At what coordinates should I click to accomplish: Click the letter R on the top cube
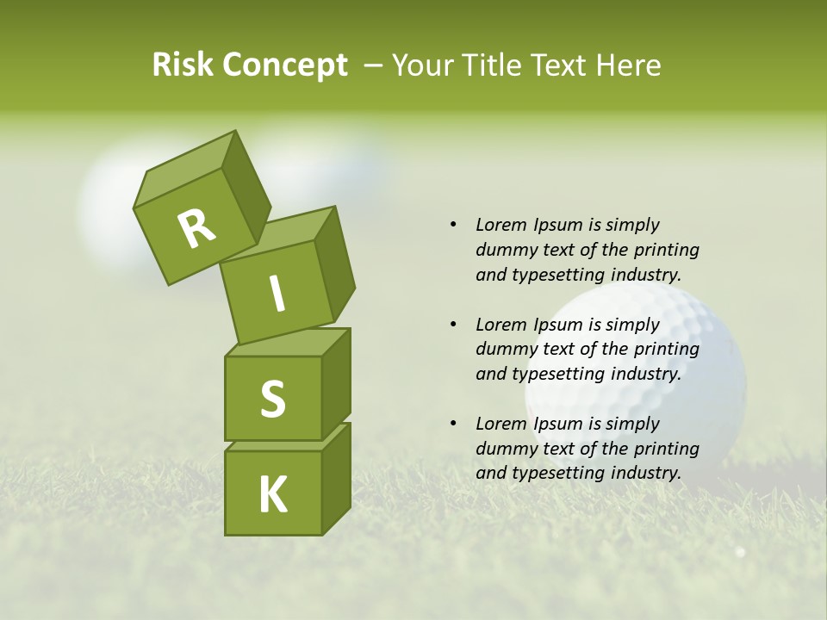(196, 228)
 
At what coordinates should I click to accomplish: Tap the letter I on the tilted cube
(277, 294)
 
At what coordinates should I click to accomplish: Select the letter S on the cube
(272, 399)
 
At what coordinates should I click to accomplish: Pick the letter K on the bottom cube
(273, 495)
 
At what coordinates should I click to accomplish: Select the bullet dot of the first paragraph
(453, 225)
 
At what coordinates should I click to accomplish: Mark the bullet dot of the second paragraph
(453, 325)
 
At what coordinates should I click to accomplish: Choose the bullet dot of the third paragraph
(453, 424)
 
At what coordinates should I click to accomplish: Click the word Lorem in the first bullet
(501, 225)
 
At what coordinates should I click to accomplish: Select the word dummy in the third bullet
(504, 449)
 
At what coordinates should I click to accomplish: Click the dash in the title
(374, 65)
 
